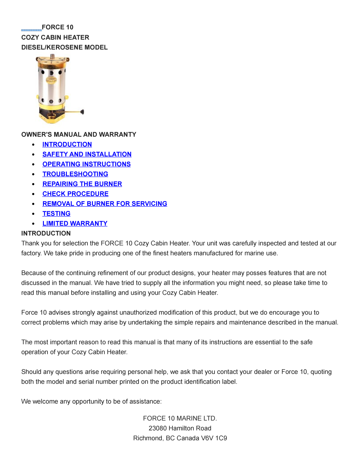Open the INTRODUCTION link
click(67, 145)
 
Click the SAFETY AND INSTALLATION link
click(87, 154)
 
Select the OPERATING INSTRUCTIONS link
click(87, 164)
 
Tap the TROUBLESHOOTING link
click(75, 174)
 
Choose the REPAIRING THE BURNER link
click(82, 184)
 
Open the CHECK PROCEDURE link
click(75, 194)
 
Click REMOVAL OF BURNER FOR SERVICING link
click(105, 204)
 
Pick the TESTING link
click(56, 214)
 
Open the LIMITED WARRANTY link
click(75, 224)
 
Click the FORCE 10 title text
click(57, 28)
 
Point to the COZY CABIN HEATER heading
click(55, 38)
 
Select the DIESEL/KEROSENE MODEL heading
click(64, 48)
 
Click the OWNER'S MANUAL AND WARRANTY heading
click(79, 135)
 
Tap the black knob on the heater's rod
click(82, 112)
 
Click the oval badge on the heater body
click(51, 80)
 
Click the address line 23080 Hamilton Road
click(180, 428)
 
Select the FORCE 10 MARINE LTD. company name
click(180, 418)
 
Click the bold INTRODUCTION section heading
click(46, 234)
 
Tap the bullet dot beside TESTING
click(33, 214)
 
